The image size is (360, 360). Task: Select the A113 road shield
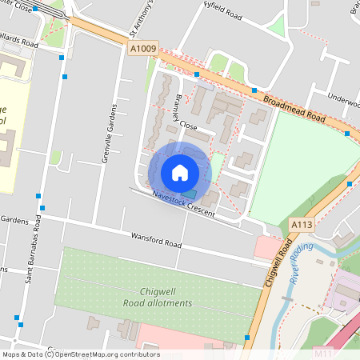point(301,225)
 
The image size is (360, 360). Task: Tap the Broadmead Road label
point(294,107)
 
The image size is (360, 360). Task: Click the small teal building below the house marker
point(188,193)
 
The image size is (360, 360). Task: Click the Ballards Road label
point(19,40)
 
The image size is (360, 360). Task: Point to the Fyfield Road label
point(222,13)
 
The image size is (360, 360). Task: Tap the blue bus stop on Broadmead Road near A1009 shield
point(197,74)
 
